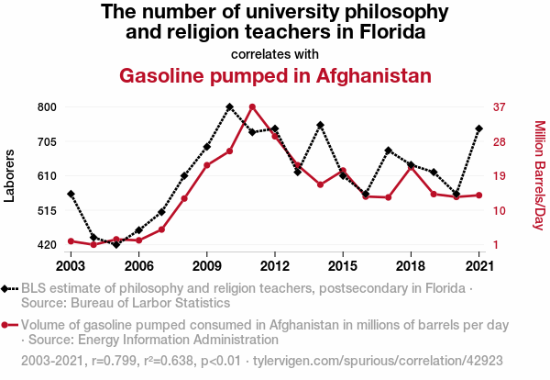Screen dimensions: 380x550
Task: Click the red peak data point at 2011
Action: (x=252, y=107)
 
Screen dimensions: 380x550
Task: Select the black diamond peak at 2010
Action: (x=229, y=107)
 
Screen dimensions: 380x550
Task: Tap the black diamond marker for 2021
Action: (x=479, y=129)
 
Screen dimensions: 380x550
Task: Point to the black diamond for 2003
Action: (x=71, y=194)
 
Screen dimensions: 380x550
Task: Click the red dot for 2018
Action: (x=411, y=167)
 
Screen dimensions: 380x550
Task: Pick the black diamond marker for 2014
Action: (x=320, y=125)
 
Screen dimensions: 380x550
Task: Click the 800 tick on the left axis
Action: (x=47, y=107)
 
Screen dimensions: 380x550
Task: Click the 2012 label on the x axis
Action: (x=275, y=265)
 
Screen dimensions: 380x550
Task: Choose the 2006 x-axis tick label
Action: (x=138, y=265)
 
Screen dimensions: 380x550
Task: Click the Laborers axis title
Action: (x=11, y=174)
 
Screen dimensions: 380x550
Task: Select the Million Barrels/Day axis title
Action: (x=539, y=174)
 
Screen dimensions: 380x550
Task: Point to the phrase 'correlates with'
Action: (x=275, y=53)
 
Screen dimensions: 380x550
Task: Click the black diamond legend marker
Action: (x=7, y=289)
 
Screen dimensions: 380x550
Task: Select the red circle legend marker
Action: (x=7, y=325)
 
